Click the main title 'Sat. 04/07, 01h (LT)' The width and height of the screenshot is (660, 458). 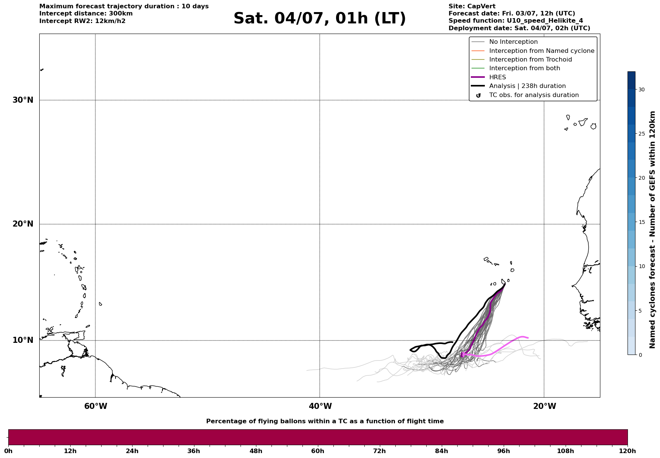pyautogui.click(x=319, y=19)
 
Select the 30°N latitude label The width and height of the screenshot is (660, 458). pyautogui.click(x=23, y=100)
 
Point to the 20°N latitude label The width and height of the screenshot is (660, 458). pyautogui.click(x=23, y=224)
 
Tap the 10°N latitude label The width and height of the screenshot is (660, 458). pyautogui.click(x=23, y=340)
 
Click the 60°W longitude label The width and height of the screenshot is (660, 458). pyautogui.click(x=96, y=406)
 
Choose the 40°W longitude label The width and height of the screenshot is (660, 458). pyautogui.click(x=320, y=406)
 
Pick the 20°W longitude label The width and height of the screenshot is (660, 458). pyautogui.click(x=544, y=406)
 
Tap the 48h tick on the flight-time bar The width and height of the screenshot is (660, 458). pyautogui.click(x=256, y=451)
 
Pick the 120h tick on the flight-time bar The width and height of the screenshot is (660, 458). pyautogui.click(x=628, y=451)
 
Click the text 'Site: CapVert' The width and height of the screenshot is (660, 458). pyautogui.click(x=472, y=6)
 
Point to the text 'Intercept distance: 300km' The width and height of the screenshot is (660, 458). pyautogui.click(x=86, y=14)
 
